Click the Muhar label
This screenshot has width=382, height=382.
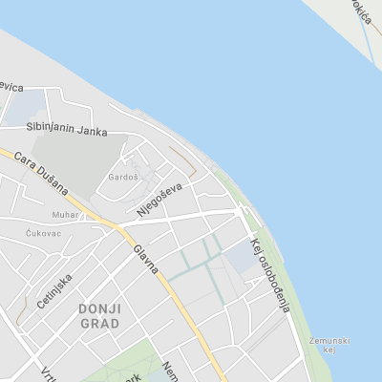pyautogui.click(x=66, y=215)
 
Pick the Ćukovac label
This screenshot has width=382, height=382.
pyautogui.click(x=44, y=232)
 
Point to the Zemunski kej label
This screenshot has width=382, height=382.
pyautogui.click(x=329, y=345)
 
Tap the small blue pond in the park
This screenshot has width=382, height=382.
pyautogui.click(x=157, y=377)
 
